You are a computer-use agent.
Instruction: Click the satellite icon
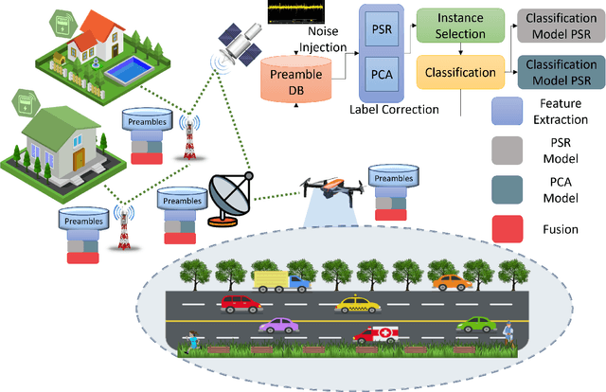click(237, 43)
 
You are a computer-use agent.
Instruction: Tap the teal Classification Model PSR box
click(561, 73)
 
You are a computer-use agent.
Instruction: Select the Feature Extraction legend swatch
click(513, 115)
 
